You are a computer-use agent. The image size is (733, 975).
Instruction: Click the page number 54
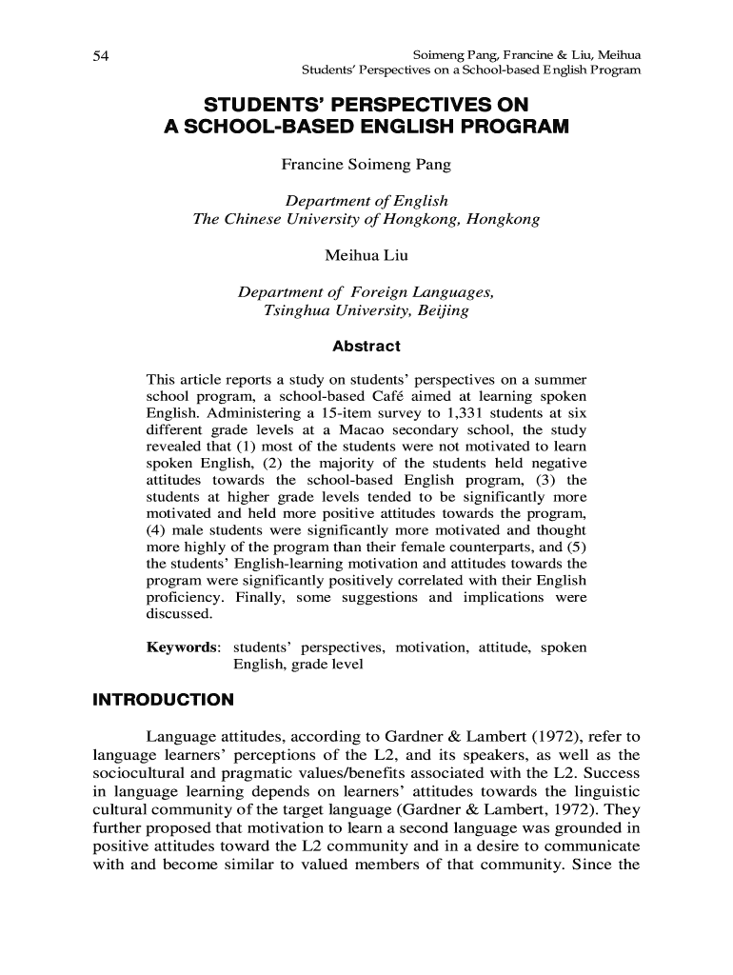tap(100, 56)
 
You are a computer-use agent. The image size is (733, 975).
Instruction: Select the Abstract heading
tap(366, 347)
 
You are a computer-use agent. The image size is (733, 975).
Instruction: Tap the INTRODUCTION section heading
tap(163, 701)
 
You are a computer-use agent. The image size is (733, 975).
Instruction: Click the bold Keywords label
tap(183, 647)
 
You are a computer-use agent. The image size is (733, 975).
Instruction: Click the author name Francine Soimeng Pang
tap(366, 165)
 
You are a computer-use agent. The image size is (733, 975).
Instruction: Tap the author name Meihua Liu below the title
tap(366, 256)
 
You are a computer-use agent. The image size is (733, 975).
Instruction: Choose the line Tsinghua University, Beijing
tap(366, 310)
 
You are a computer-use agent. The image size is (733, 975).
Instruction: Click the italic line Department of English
tap(366, 202)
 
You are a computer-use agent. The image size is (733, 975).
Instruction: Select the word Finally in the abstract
tap(258, 597)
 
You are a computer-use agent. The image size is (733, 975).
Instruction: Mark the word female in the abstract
tap(446, 547)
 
